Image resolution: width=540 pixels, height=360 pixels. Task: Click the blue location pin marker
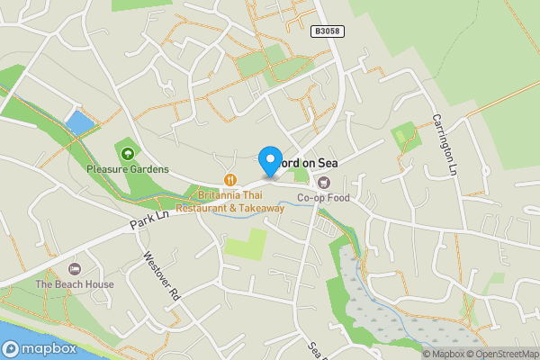click(x=269, y=160)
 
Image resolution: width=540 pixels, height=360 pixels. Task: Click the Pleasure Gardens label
click(x=127, y=169)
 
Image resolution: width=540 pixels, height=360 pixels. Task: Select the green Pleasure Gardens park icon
click(x=127, y=154)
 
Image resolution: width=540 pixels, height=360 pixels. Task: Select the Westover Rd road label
click(x=163, y=274)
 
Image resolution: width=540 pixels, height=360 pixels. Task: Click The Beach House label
click(x=75, y=284)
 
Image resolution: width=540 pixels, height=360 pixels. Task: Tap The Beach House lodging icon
click(x=75, y=269)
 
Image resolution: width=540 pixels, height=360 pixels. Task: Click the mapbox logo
click(x=40, y=349)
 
